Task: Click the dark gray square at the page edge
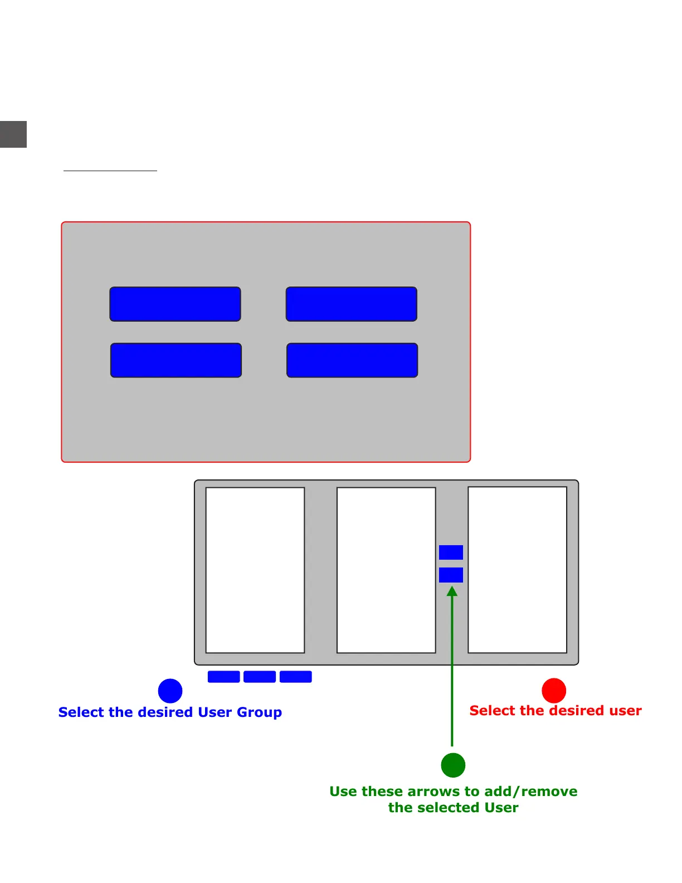click(13, 134)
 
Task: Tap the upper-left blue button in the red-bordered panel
click(175, 304)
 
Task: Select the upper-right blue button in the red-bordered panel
click(351, 304)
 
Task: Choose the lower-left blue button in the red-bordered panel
click(176, 360)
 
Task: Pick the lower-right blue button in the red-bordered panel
click(352, 360)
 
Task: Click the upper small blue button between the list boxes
click(451, 552)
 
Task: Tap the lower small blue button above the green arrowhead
click(451, 575)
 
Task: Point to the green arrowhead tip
click(452, 588)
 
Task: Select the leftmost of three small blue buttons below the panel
click(223, 677)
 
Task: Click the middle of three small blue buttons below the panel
click(260, 677)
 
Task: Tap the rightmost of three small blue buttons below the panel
click(295, 677)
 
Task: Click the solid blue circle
click(170, 691)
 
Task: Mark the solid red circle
click(554, 691)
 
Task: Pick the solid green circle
click(453, 765)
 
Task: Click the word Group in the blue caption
click(259, 713)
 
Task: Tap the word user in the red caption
click(623, 711)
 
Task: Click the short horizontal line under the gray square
click(110, 171)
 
